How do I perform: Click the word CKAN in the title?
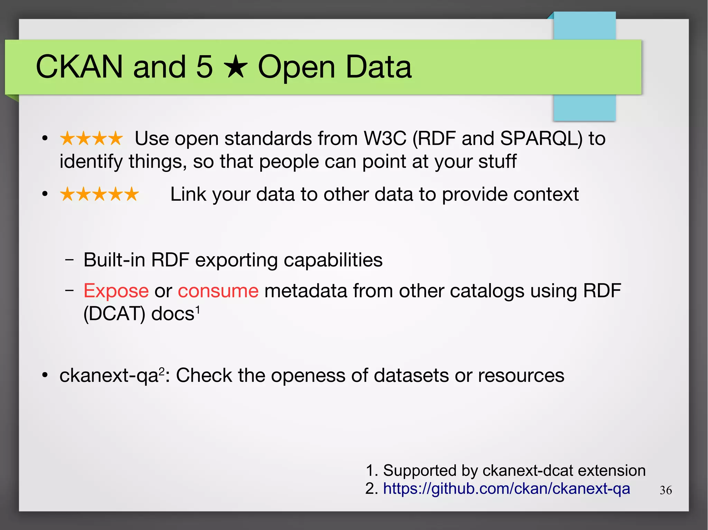click(x=79, y=67)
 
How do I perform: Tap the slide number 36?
click(x=665, y=490)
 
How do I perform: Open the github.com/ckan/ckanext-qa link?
click(x=506, y=489)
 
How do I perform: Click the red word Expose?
click(x=116, y=291)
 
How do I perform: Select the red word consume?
click(x=218, y=291)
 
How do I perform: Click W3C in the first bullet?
click(x=385, y=139)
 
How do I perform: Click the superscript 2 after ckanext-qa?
click(x=162, y=371)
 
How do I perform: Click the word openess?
click(x=308, y=375)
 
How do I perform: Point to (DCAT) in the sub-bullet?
click(x=114, y=314)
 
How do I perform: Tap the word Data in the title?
click(x=379, y=67)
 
